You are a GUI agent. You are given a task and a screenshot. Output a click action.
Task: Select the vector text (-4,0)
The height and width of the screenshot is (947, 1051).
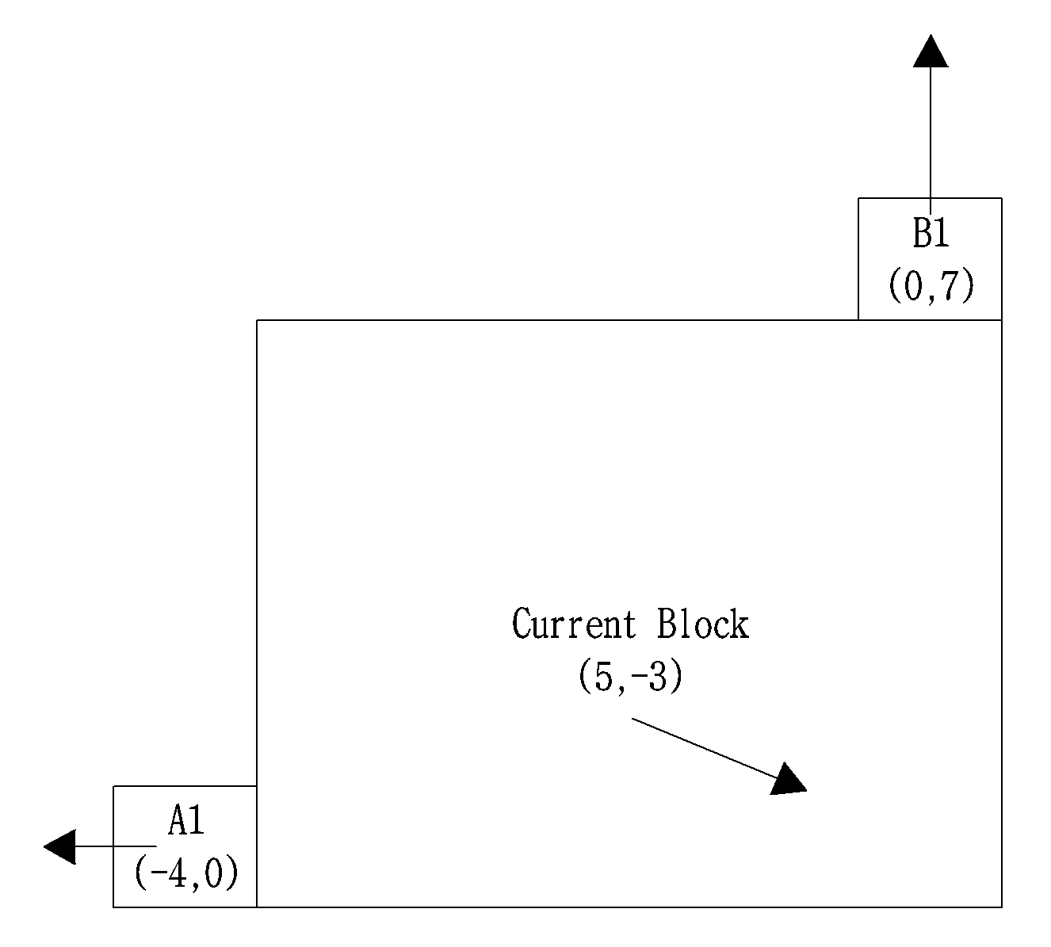point(186,873)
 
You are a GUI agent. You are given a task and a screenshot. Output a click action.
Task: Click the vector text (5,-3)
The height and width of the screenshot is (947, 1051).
point(631,675)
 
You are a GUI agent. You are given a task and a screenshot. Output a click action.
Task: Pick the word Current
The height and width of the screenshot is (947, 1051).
point(574,624)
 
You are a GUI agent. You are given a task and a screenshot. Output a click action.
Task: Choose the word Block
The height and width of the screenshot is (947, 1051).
point(703,624)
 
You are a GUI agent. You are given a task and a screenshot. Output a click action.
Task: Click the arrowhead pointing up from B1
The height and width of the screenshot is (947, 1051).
point(931,51)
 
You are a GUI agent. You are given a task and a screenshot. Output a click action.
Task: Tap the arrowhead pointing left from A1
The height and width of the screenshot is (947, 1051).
point(59,846)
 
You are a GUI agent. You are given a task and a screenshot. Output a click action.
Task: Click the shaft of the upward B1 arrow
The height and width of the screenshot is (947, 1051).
point(931,140)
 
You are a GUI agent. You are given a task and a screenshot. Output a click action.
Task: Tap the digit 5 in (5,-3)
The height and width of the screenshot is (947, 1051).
point(603,675)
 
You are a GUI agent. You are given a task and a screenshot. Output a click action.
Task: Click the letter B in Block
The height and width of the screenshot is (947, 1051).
point(668,624)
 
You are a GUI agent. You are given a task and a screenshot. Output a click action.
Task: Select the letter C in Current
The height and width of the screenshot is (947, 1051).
point(522,624)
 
